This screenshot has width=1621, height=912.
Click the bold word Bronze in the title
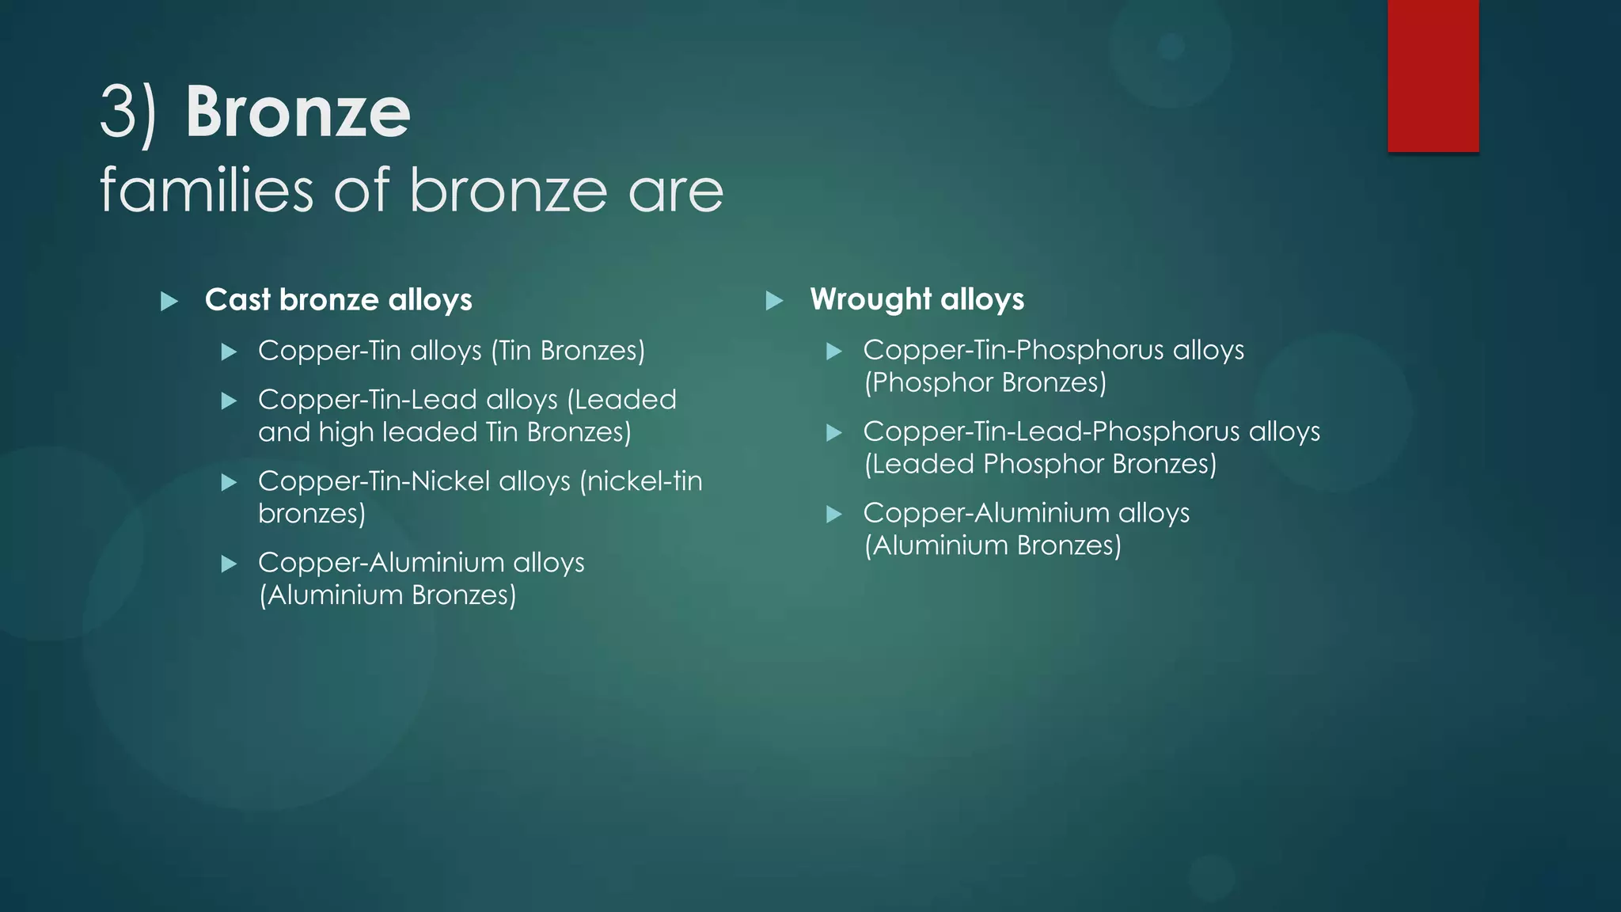tap(298, 112)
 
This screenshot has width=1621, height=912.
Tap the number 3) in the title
tap(128, 112)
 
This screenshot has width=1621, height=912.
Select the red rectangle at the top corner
tap(1433, 75)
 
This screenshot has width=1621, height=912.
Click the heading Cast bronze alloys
tap(338, 300)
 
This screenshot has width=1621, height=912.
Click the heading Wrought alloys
tap(917, 299)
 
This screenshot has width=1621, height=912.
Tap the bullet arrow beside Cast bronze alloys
tap(169, 301)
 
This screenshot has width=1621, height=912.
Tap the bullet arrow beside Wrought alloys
tap(774, 300)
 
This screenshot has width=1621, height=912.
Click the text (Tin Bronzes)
tap(568, 350)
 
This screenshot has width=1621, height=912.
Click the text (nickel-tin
tap(640, 481)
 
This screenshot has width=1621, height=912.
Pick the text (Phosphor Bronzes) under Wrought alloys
tap(985, 382)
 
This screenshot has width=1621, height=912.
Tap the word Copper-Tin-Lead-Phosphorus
tap(1051, 431)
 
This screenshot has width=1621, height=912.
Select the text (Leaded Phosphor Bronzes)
tap(1040, 464)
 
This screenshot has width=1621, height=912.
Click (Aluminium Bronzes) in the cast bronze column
tap(387, 595)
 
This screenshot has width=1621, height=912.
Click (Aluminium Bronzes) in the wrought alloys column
tap(993, 545)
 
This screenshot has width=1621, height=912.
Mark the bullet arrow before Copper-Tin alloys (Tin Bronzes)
tap(229, 351)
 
